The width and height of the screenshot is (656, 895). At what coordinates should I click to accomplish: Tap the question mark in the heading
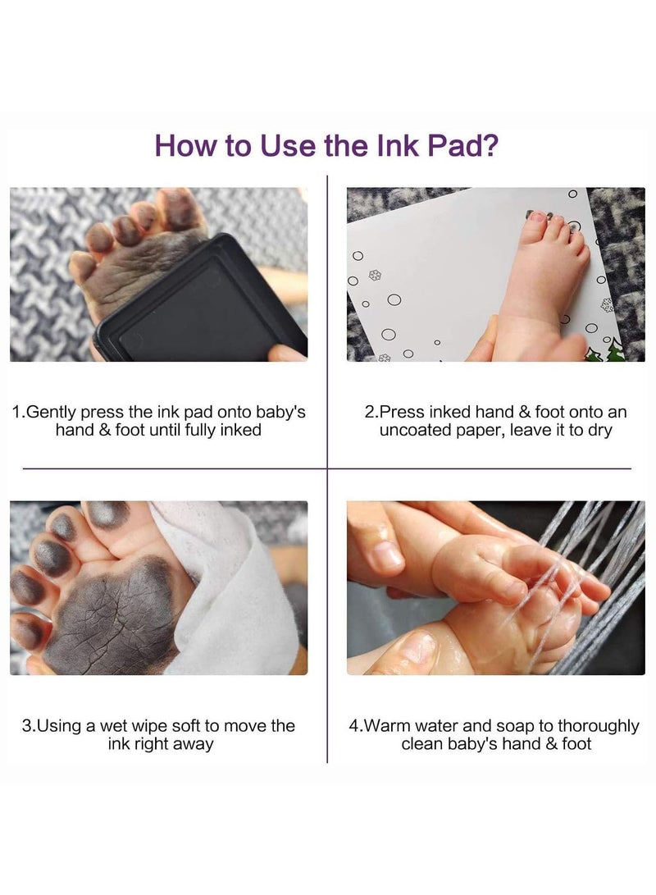491,145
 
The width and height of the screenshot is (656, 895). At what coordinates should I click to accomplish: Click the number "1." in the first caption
19,412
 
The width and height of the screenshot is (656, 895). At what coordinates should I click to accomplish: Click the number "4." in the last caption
356,726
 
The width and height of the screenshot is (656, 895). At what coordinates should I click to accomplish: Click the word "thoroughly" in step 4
599,727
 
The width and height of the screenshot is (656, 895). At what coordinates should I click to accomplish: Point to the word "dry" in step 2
599,431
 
